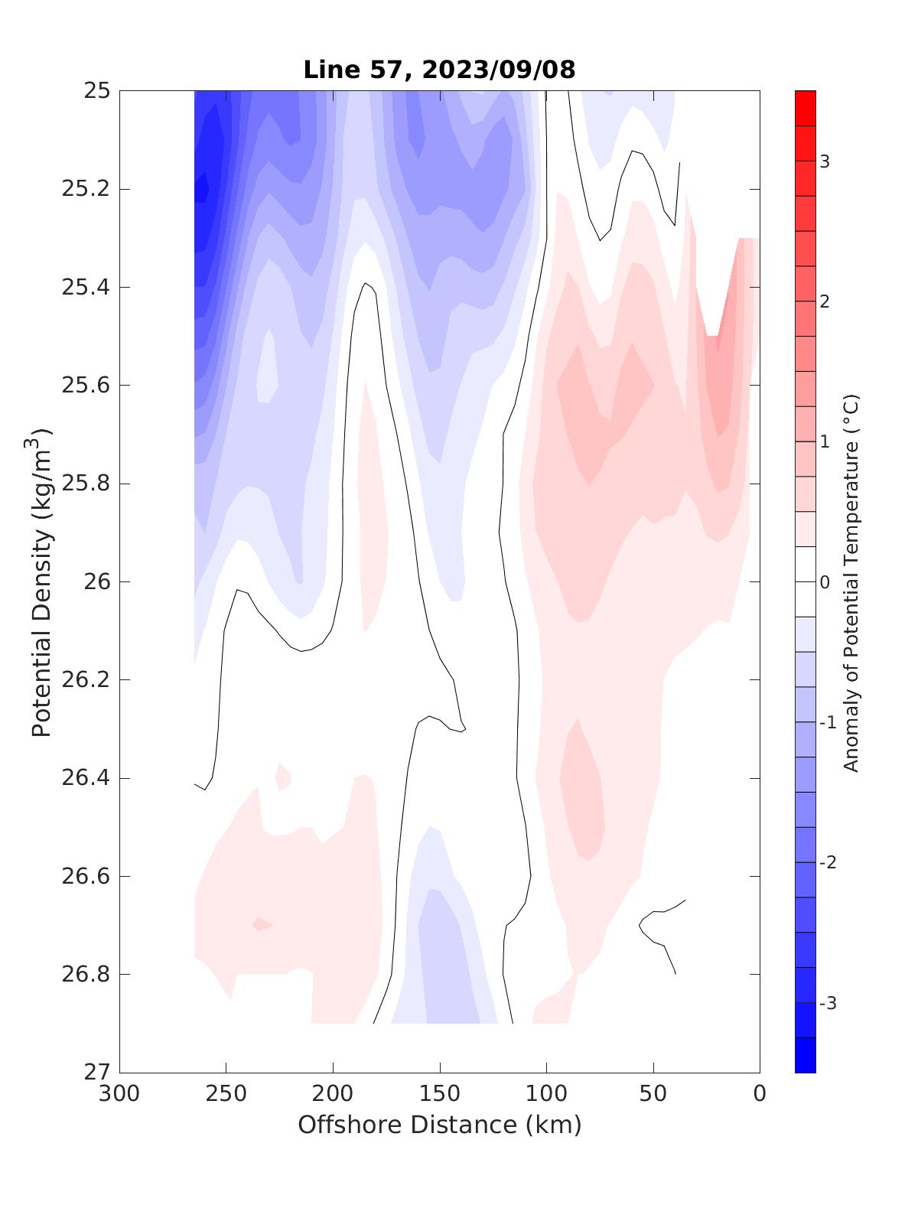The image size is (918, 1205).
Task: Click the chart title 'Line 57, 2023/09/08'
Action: [439, 70]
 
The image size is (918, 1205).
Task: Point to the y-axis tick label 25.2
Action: [85, 189]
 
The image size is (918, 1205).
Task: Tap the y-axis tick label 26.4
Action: [85, 778]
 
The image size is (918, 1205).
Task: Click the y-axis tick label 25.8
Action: [85, 484]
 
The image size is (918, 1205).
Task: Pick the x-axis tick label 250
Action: [226, 1094]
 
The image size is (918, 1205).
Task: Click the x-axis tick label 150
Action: [440, 1094]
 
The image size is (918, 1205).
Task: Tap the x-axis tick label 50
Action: [653, 1094]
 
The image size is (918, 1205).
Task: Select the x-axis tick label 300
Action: [119, 1094]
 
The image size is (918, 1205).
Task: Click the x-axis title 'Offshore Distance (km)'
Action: [439, 1125]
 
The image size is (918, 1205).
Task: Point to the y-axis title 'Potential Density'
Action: [41, 581]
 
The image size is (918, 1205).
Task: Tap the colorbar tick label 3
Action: [825, 161]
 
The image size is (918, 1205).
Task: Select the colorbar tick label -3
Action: [828, 1003]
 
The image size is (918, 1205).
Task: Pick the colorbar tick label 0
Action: [825, 582]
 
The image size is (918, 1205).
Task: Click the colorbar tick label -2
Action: [828, 862]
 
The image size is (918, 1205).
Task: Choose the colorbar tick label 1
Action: [825, 441]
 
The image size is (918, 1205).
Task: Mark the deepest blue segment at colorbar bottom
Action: [805, 1055]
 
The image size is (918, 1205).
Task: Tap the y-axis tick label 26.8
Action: [85, 974]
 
